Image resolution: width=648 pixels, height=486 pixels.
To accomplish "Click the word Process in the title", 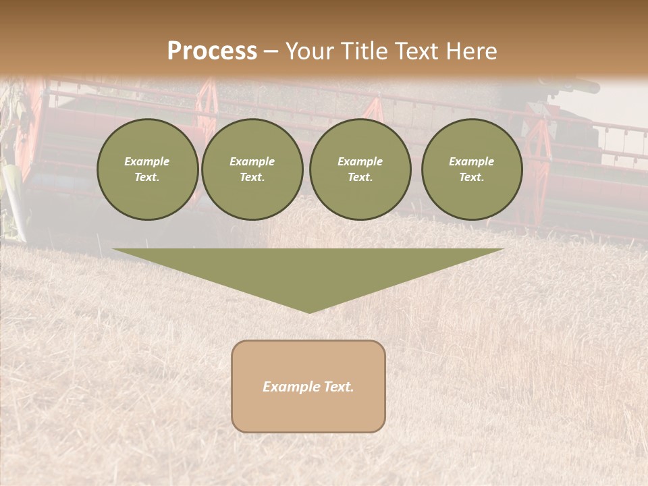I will click(x=212, y=51).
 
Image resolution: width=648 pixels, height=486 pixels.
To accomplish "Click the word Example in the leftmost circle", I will click(x=147, y=161).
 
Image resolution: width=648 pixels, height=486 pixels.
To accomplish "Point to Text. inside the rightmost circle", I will click(x=471, y=178).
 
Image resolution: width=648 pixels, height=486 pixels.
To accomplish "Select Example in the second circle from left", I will click(x=252, y=161).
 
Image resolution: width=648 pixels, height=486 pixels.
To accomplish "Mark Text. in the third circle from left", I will click(x=360, y=178).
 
